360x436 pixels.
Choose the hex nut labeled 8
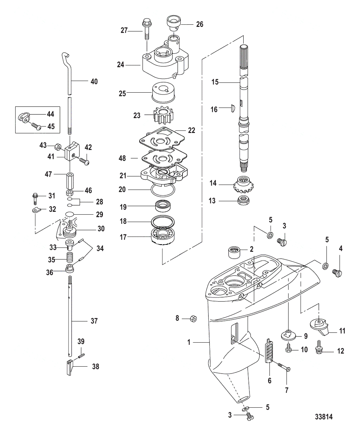tap(193, 319)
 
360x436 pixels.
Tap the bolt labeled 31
tap(35, 198)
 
